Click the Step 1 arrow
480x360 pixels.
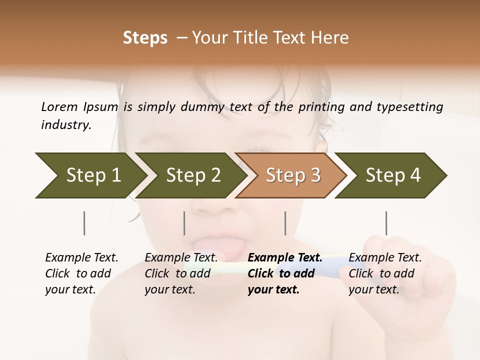pos(92,175)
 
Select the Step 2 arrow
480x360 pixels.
pos(192,175)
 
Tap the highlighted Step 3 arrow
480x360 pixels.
pos(292,175)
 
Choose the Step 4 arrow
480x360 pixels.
pos(392,175)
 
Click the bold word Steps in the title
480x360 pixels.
pos(145,38)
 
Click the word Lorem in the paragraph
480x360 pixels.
pos(59,106)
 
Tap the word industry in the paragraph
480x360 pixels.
pos(65,124)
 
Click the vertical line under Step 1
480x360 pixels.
pos(84,223)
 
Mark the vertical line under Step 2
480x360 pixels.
pos(184,223)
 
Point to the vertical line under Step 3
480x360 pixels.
pos(285,223)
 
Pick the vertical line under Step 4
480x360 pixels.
pos(386,223)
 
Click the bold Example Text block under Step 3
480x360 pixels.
pos(284,273)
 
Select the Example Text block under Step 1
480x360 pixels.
pos(81,273)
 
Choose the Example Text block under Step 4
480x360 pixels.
pos(385,273)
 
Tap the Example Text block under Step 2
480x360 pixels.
pos(181,273)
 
